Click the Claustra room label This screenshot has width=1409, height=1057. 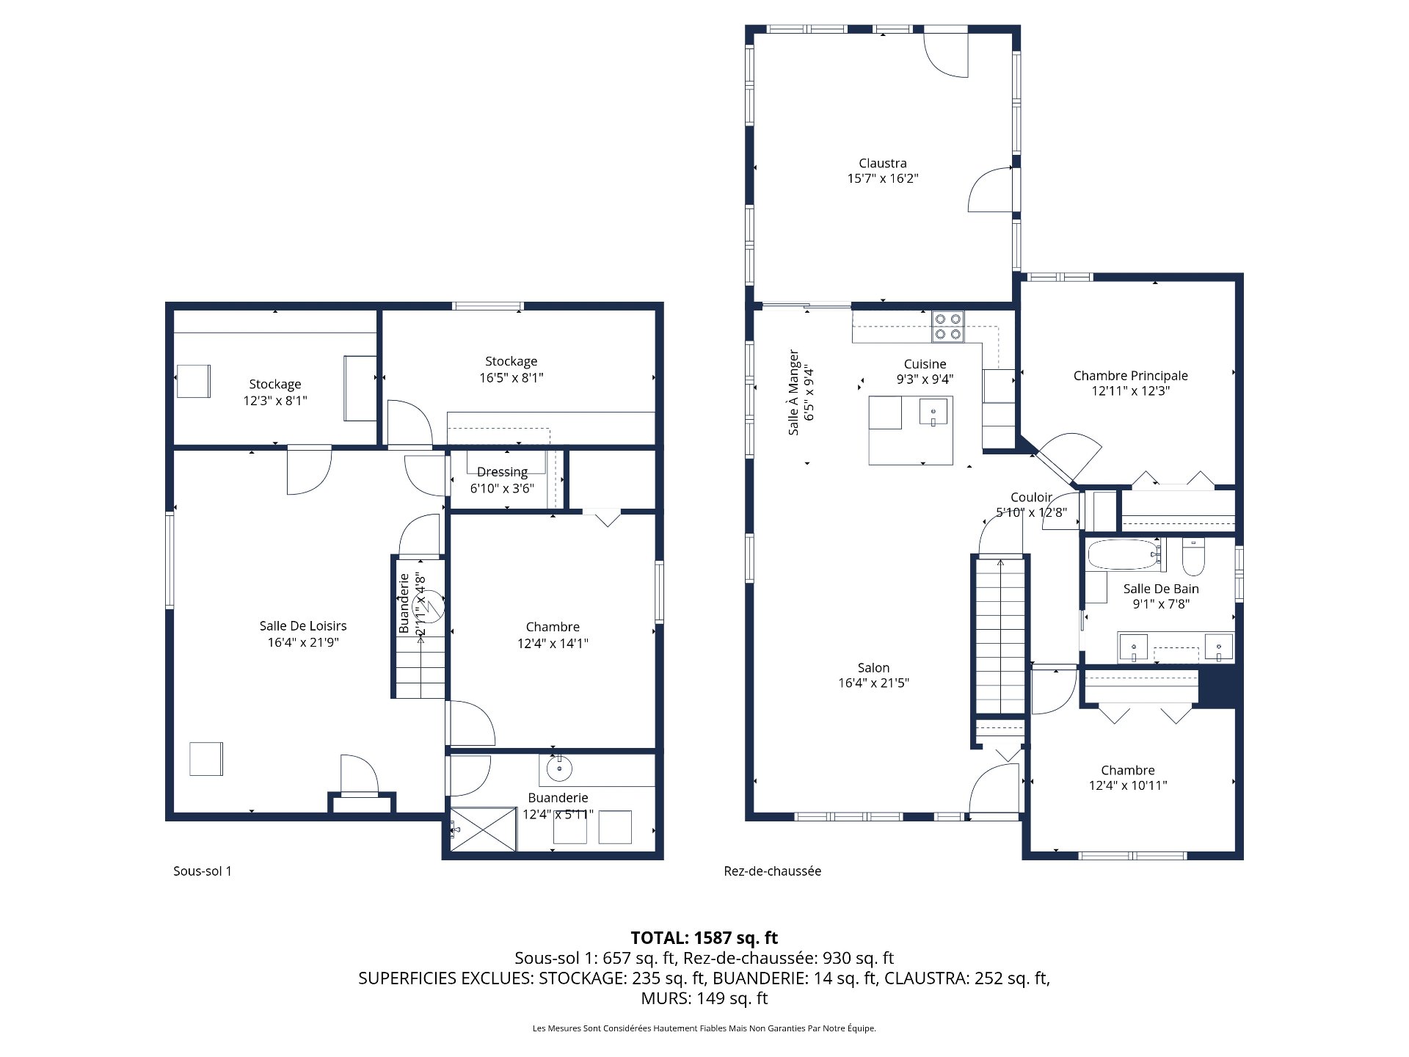pos(882,163)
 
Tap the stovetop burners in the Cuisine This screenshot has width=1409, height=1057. pos(947,327)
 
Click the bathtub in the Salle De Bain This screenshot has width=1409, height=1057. pos(1123,555)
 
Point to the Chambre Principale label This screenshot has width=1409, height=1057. pos(1130,376)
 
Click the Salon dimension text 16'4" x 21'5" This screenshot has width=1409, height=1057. pos(873,683)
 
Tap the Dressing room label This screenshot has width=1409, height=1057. pos(502,472)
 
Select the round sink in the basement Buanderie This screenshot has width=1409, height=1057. pos(560,769)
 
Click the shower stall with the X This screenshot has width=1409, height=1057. pos(483,829)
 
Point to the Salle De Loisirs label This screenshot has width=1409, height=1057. pos(302,625)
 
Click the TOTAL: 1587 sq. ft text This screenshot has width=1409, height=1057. pos(704,937)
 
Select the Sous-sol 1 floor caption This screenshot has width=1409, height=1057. pos(202,871)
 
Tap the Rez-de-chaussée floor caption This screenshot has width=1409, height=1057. pos(772,871)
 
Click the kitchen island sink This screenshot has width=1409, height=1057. pos(933,412)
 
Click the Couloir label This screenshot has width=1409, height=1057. pos(1031,498)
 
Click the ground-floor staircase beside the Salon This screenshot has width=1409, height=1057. pos(1000,635)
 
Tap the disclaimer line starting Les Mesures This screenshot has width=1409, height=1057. pos(704,1028)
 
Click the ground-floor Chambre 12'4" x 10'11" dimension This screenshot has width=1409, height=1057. pos(1128,785)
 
